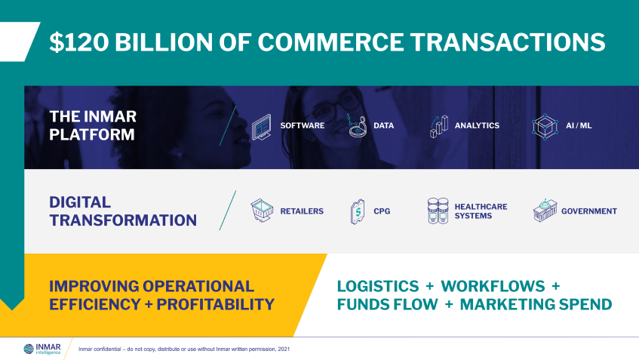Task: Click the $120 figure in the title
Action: coord(75,42)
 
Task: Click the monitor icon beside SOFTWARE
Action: coord(262,126)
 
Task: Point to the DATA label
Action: coord(383,125)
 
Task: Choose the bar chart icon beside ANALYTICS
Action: coord(439,126)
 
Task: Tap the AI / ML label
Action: coord(579,125)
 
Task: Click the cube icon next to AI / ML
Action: coord(544,126)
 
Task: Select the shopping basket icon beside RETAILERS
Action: coord(262,211)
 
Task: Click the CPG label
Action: coord(382,211)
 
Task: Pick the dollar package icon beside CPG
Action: coord(358,211)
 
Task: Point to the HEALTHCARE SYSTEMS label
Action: coord(481,211)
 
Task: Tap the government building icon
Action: coord(544,211)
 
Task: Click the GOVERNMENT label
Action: coord(588,211)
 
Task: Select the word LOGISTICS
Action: coord(377,286)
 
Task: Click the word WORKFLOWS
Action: coord(493,286)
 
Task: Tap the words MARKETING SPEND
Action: coord(536,304)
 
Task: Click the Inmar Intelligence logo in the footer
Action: coord(42,348)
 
